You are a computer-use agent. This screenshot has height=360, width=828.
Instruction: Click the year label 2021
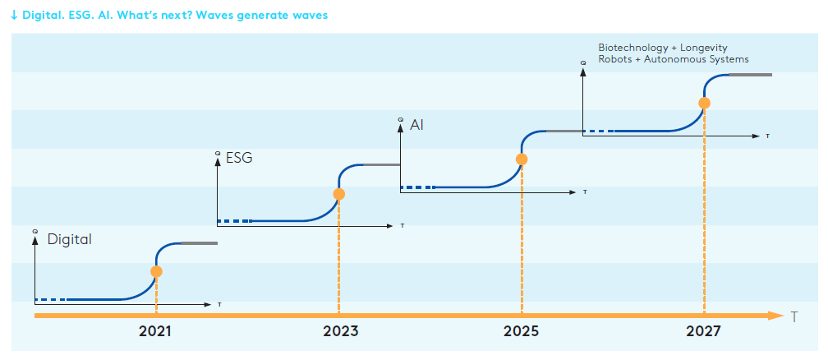[155, 332]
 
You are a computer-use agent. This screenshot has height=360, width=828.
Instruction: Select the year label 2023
[339, 332]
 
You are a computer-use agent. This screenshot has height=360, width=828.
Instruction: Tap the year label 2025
[522, 332]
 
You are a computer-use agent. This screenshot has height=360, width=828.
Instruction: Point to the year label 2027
[704, 332]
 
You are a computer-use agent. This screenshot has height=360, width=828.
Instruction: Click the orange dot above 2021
[156, 270]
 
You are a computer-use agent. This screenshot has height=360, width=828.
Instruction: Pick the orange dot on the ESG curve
[338, 195]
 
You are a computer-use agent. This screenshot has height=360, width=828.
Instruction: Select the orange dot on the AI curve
[522, 159]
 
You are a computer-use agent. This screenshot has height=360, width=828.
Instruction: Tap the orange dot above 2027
[704, 103]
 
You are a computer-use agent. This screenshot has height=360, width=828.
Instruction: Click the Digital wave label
[69, 240]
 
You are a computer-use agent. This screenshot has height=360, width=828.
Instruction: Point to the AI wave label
[416, 126]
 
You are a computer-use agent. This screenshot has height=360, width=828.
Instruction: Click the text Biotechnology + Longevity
[663, 48]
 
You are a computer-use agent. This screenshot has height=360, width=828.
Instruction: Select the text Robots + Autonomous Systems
[674, 59]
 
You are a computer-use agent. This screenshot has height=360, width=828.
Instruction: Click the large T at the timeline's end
[794, 316]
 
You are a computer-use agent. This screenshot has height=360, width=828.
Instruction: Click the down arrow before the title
[15, 16]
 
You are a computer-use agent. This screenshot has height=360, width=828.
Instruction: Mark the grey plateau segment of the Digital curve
[198, 243]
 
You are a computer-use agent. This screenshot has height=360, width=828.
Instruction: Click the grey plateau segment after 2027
[749, 75]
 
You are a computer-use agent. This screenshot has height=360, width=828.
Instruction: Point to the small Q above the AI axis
[400, 120]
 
